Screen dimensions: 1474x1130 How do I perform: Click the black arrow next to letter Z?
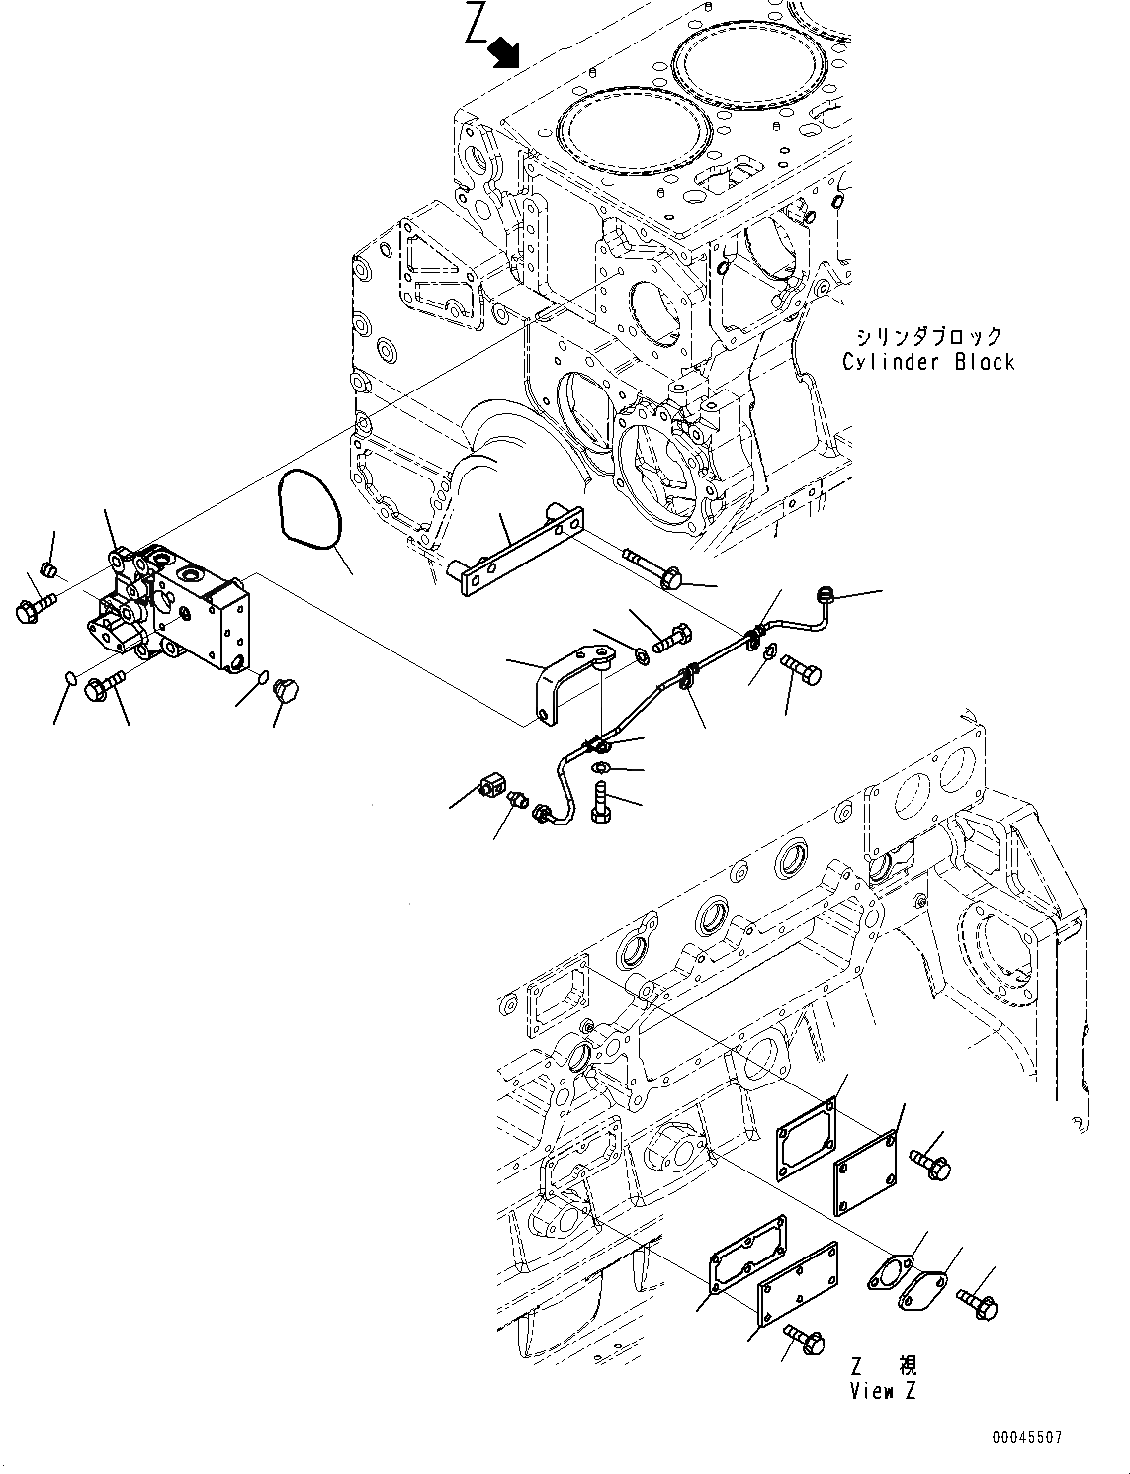[505, 51]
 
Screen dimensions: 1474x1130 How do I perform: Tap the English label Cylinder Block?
[927, 362]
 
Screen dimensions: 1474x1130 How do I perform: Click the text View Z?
[883, 1391]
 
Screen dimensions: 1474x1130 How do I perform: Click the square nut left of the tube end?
[491, 787]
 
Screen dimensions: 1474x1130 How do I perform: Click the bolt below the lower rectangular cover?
[806, 1342]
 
